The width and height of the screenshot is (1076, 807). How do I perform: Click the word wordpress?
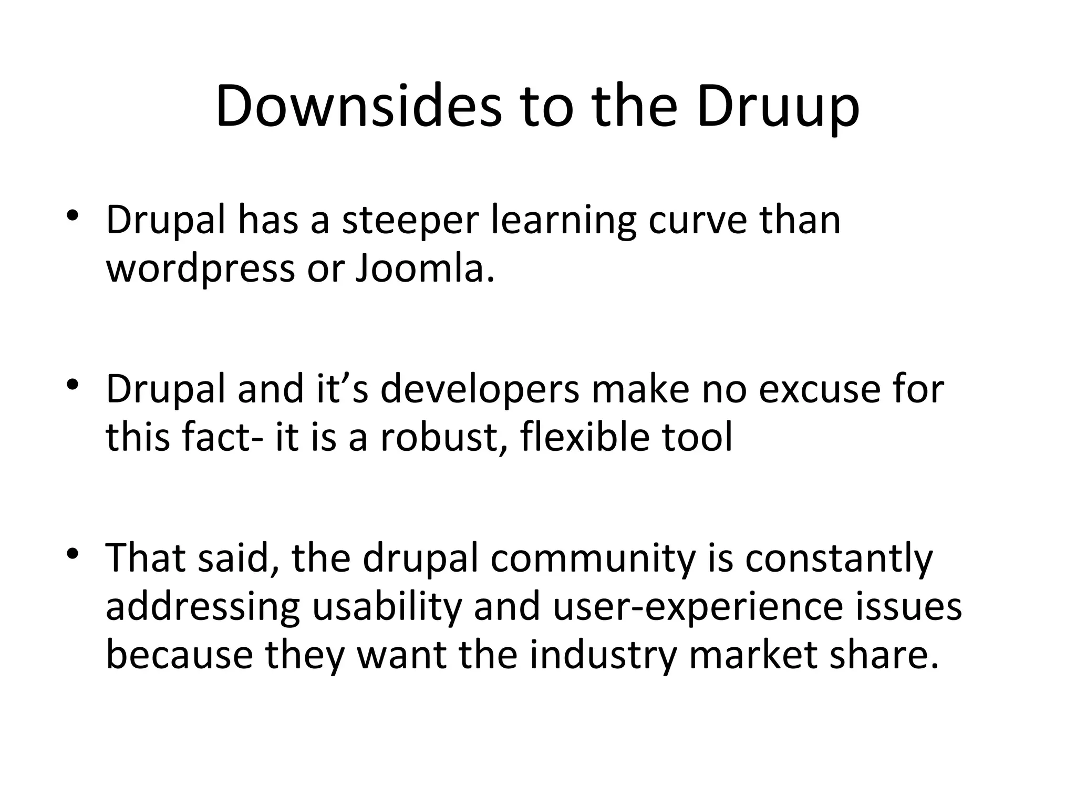pos(201,269)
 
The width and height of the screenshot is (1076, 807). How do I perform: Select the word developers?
pos(480,390)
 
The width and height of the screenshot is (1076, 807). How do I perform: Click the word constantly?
pos(839,559)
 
